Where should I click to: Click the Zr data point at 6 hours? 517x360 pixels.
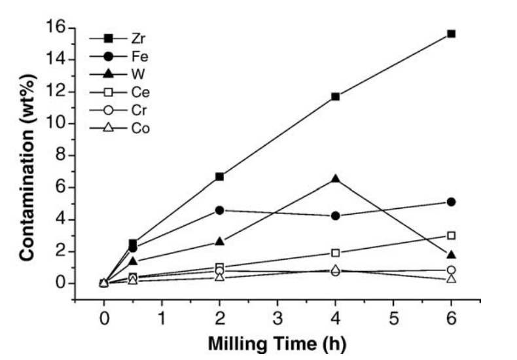[451, 33]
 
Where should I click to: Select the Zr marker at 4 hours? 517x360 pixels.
[336, 96]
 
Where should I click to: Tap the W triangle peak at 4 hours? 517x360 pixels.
[336, 178]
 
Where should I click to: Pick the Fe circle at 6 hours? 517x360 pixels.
[451, 202]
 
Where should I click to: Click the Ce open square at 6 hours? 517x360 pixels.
[451, 235]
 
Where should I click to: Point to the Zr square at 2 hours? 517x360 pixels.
[220, 176]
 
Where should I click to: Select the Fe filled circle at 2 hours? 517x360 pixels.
[220, 210]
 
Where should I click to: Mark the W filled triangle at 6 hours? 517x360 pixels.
[451, 255]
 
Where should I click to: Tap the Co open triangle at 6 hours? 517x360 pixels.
[451, 278]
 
